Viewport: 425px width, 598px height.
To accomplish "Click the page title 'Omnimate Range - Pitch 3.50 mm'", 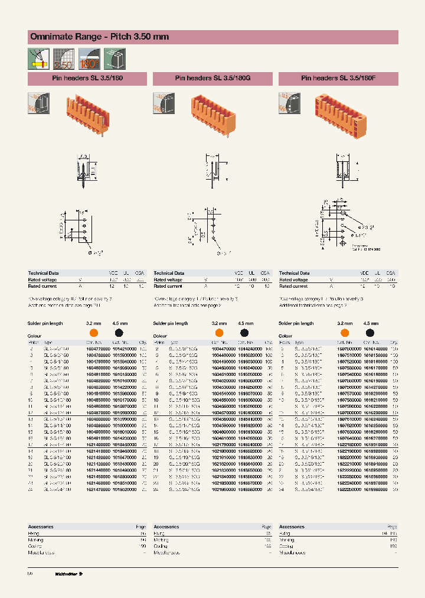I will coord(99,37).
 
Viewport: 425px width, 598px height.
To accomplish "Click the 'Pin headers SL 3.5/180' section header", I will coord(87,78).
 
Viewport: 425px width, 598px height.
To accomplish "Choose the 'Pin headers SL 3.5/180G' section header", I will coord(212,78).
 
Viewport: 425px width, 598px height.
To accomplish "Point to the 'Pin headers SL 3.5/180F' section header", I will coord(338,78).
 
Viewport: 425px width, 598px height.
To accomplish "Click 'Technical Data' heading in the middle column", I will coord(169,274).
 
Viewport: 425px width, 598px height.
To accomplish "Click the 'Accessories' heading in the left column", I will coord(41,526).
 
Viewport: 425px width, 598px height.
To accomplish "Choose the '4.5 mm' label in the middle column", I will coord(246,324).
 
